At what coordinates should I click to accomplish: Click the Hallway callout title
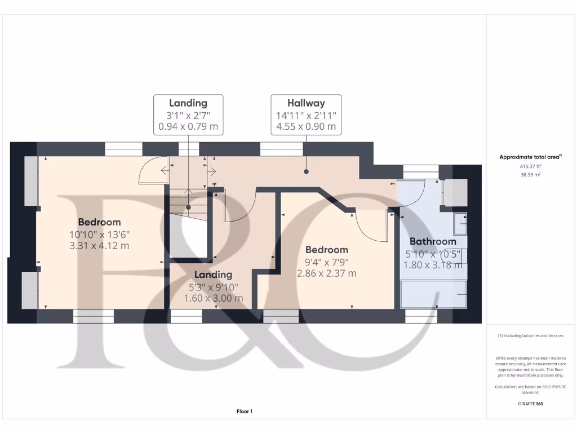coord(306,103)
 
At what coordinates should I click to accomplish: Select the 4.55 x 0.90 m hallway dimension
coord(306,127)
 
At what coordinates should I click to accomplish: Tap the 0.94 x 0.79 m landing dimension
coord(188,127)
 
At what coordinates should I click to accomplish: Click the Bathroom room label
coord(432,241)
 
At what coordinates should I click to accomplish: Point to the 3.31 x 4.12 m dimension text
coord(99,246)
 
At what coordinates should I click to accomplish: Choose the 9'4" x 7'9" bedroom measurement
coord(326,262)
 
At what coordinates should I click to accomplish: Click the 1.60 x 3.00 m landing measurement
coord(214,298)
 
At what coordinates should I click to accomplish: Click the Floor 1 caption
coord(244,412)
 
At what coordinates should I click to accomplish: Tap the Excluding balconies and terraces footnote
coord(530,335)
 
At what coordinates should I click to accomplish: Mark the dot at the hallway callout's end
coord(306,171)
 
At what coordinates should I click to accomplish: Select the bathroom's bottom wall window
coord(421,316)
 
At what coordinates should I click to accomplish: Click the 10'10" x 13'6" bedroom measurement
coord(99,234)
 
